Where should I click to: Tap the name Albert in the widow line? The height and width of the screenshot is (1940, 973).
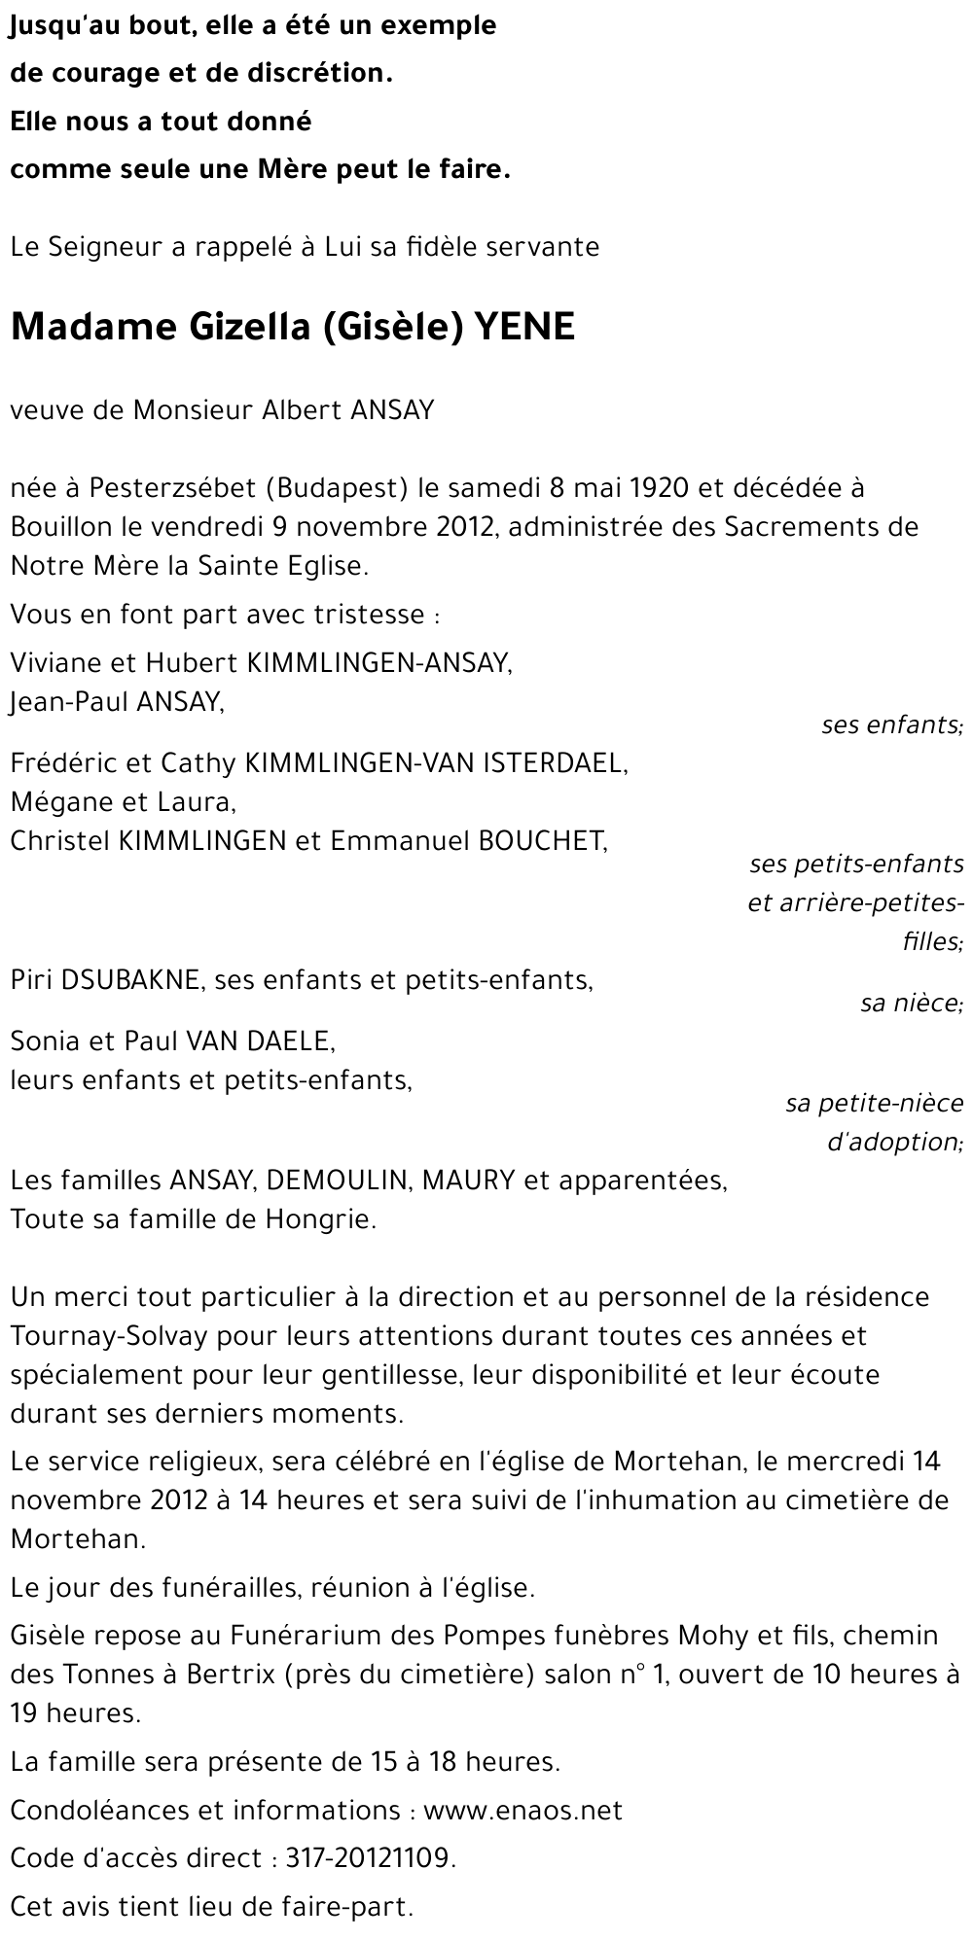pyautogui.click(x=298, y=409)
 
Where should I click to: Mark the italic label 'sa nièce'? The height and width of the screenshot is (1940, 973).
pyautogui.click(x=911, y=1003)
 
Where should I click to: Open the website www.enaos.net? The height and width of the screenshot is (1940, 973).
pyautogui.click(x=523, y=1810)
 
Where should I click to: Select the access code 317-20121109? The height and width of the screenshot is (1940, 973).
pyautogui.click(x=370, y=1858)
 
